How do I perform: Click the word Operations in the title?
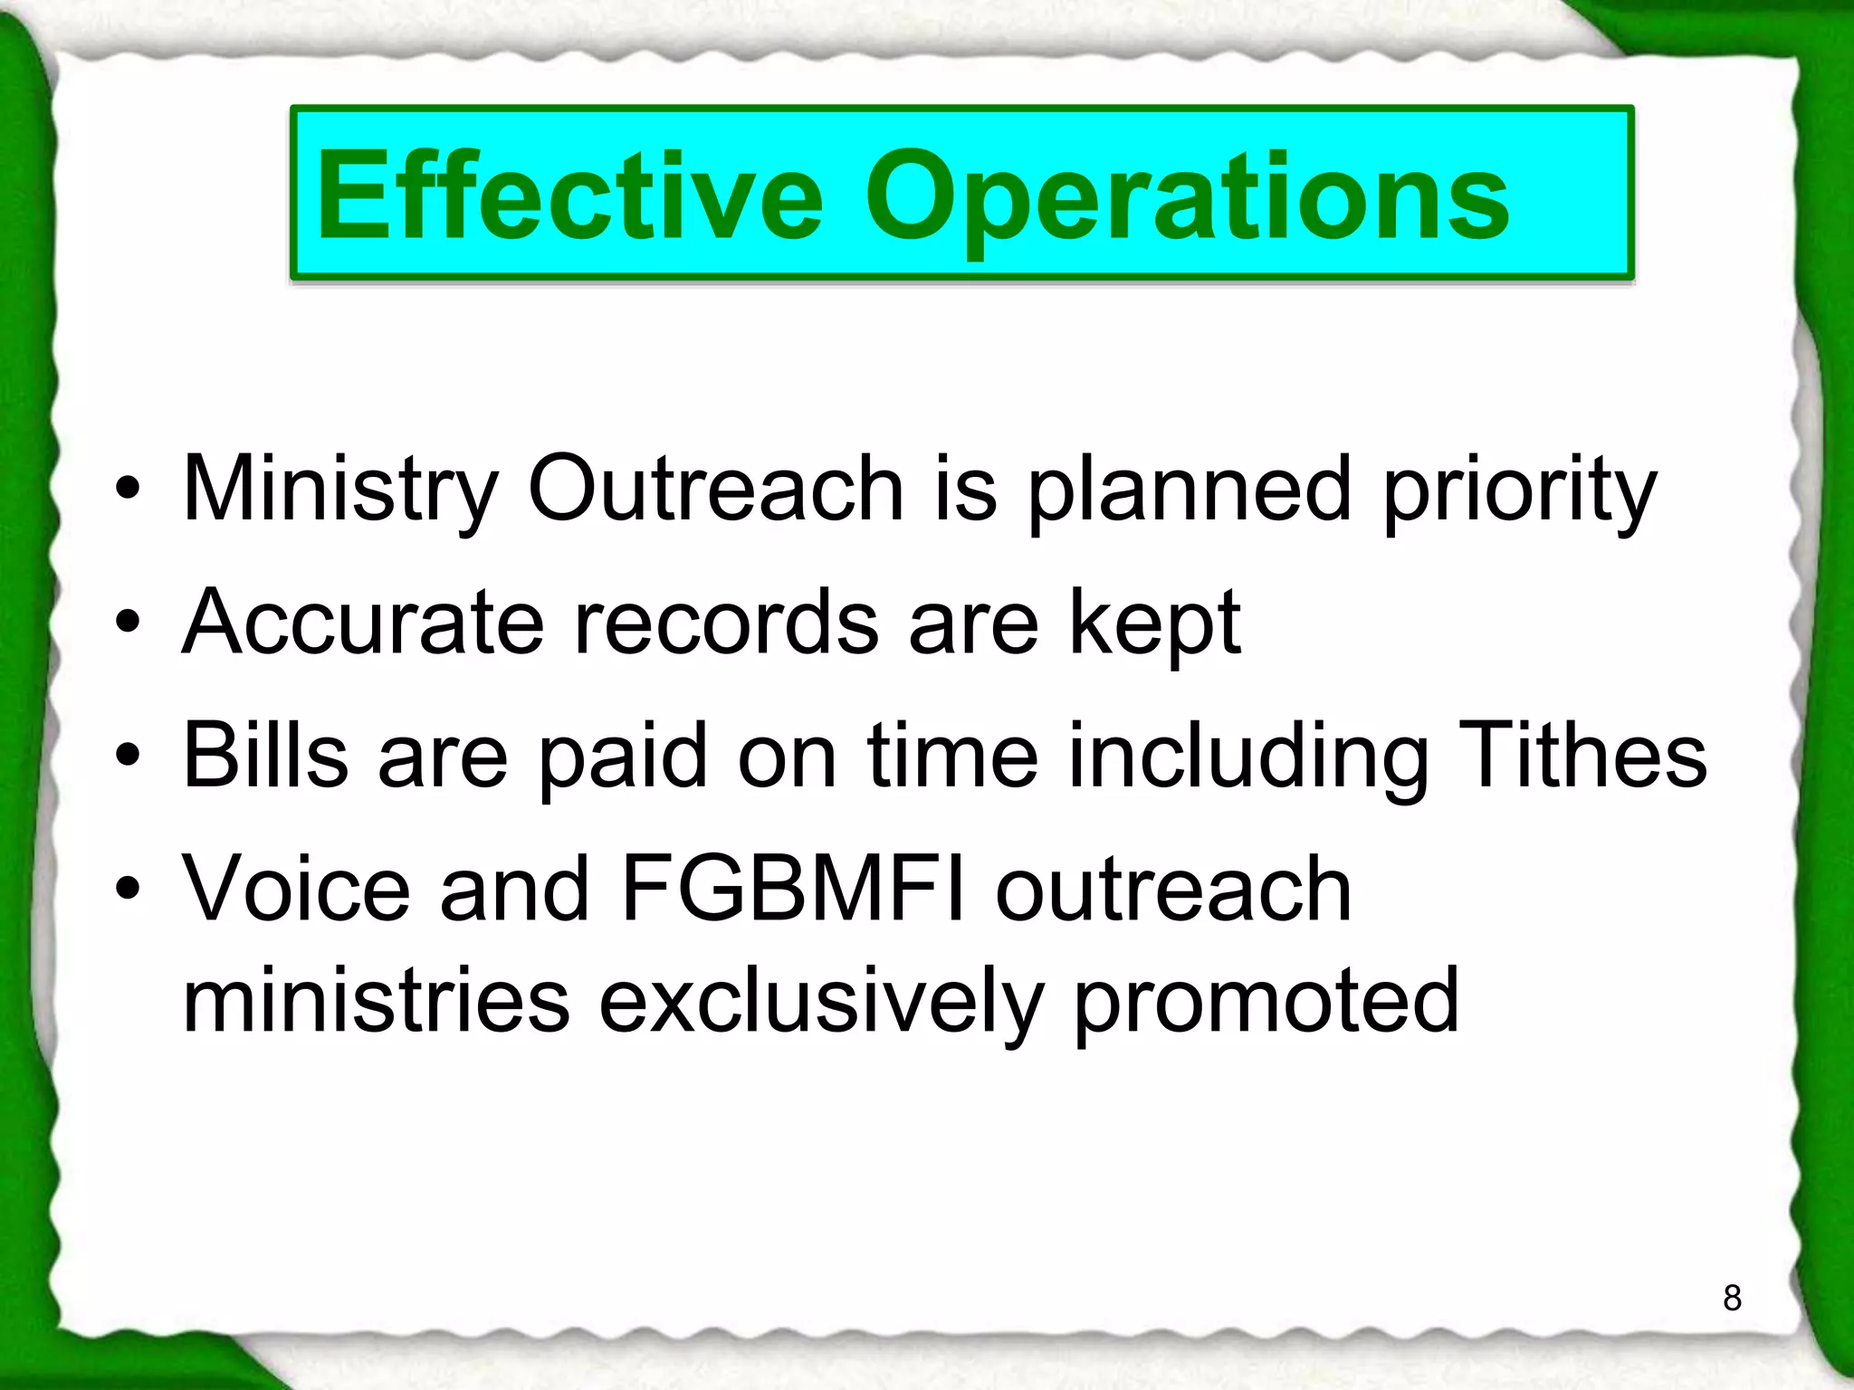point(1186,197)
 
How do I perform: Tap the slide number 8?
point(1732,1298)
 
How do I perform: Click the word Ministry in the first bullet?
point(339,490)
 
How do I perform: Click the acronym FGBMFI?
point(793,889)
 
